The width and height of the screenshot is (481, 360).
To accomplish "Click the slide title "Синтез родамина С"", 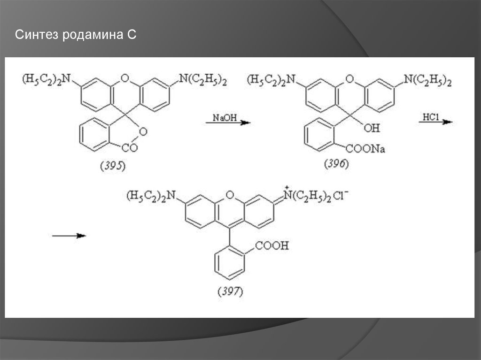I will click(x=76, y=35).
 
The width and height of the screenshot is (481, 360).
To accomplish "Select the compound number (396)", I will click(x=336, y=164).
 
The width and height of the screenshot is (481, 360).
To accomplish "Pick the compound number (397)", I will click(x=230, y=291).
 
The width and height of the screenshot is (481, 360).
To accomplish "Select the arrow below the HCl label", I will click(x=435, y=122).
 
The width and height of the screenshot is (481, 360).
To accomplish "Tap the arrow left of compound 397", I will click(x=69, y=236).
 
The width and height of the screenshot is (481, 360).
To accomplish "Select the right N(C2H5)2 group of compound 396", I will click(x=428, y=81).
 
